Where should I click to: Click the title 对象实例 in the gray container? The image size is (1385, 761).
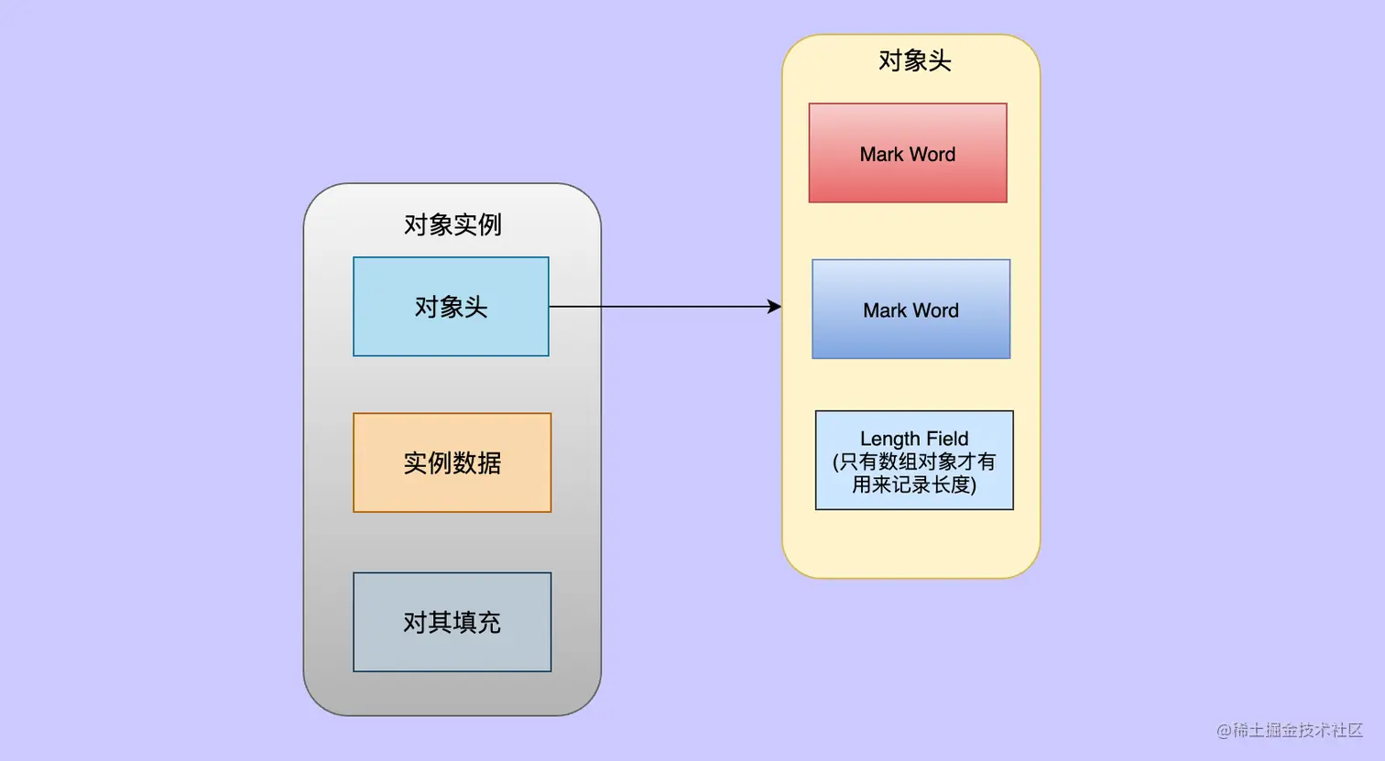pos(453,224)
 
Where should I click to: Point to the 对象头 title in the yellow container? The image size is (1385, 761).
pos(914,60)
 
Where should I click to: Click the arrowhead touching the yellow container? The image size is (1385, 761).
pos(776,307)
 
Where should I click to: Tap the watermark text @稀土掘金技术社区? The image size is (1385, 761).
pos(1290,730)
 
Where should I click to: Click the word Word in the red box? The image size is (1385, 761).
pos(932,154)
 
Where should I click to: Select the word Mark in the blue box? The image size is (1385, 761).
pos(884,310)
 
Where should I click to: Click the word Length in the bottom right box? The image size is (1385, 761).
pos(889,439)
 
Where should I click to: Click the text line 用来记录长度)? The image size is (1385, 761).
pos(914,484)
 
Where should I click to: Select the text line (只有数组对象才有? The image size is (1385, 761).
pos(914,462)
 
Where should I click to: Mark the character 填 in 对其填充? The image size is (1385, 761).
pos(464,623)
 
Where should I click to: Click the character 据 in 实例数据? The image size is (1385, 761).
pos(489,462)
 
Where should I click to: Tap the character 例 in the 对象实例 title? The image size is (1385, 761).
pos(489,224)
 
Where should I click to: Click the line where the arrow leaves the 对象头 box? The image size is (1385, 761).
pos(561,307)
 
